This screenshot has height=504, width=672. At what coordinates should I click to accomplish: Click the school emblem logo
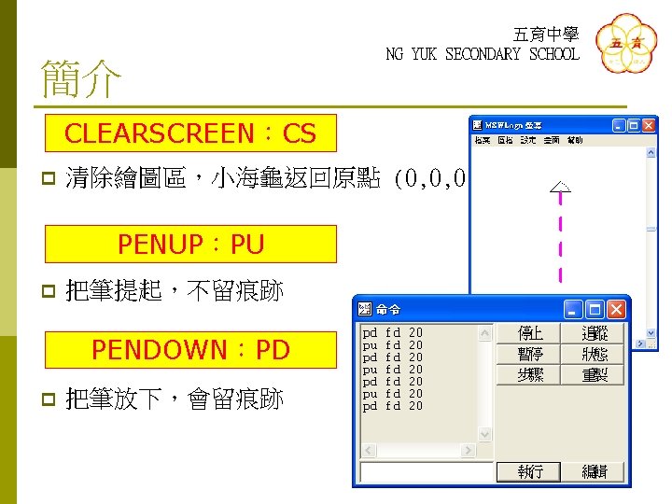click(625, 45)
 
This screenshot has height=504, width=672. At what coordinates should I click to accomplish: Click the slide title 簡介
click(80, 80)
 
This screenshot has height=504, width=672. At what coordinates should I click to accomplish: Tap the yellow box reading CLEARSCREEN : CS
click(190, 134)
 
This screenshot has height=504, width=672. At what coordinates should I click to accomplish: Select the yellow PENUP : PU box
click(190, 245)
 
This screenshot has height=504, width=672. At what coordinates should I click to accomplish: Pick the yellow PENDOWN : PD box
click(190, 350)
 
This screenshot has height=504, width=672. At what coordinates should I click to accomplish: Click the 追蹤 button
click(595, 333)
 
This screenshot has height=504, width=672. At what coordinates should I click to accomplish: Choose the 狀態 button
click(595, 354)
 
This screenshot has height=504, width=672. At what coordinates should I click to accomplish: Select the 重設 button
click(595, 374)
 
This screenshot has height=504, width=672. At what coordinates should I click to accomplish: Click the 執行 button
click(530, 471)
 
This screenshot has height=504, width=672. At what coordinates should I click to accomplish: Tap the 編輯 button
click(595, 471)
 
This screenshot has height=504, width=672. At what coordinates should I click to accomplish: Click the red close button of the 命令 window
click(617, 309)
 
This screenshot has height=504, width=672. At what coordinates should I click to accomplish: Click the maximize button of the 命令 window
click(595, 309)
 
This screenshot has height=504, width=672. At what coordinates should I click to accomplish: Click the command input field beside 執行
click(425, 472)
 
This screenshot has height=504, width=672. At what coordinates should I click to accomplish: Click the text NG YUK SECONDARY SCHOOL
click(482, 54)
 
